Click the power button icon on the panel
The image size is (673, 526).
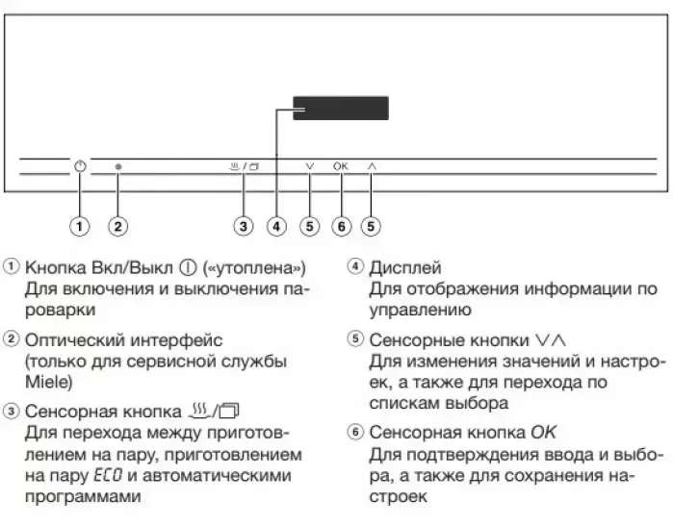[80, 166]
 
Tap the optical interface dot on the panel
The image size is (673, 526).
[117, 166]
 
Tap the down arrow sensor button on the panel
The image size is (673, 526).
[309, 166]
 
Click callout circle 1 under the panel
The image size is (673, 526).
[80, 226]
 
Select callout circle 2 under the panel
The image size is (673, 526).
[117, 226]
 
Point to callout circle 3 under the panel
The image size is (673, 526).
[245, 226]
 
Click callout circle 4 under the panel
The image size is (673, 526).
[277, 226]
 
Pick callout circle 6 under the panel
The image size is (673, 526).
[340, 226]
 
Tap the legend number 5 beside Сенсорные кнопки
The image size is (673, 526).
[355, 339]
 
